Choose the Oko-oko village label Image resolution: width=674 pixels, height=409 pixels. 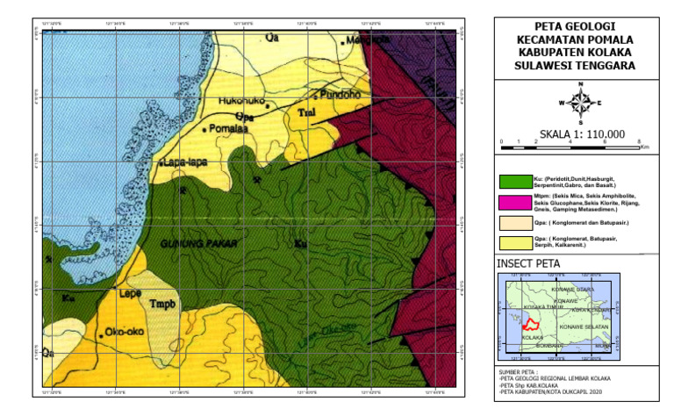coord(124,332)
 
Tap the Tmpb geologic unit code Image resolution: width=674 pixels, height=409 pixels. coord(163,305)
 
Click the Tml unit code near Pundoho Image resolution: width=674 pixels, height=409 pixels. coord(307,113)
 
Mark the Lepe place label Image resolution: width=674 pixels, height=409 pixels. coord(130,294)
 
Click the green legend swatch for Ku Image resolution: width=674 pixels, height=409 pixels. coord(514,182)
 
